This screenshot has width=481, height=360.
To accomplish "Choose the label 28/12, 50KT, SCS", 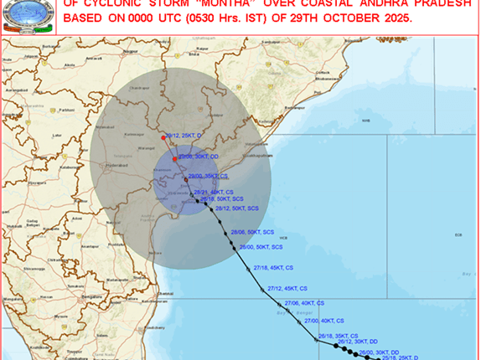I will point(238,208).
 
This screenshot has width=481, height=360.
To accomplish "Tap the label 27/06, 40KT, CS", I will point(303,302).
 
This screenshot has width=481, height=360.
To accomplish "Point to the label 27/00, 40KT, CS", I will point(323,321).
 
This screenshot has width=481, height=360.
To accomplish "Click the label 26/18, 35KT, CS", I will point(339,335).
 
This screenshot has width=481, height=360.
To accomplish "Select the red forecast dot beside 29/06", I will point(174,158).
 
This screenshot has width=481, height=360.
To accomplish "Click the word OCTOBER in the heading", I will point(337,18).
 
